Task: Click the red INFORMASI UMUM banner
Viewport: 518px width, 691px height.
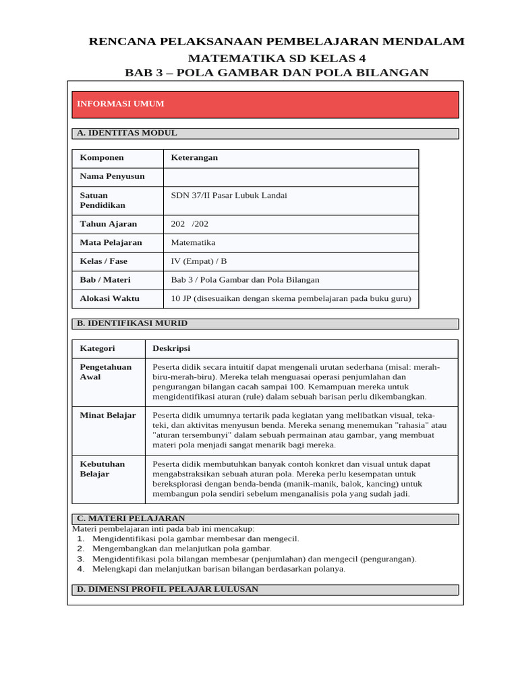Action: click(265, 105)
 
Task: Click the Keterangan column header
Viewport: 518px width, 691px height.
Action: click(194, 157)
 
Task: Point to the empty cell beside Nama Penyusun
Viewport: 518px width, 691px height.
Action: click(290, 177)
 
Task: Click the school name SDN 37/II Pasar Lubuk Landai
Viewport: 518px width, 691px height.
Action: click(229, 195)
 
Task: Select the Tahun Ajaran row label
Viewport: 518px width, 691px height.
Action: click(108, 224)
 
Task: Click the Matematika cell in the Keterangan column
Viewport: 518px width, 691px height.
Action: click(193, 242)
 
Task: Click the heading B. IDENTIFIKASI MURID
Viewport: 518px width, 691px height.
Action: click(132, 323)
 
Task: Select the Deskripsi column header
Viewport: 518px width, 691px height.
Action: click(171, 348)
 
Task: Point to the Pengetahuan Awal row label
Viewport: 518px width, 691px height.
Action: click(106, 372)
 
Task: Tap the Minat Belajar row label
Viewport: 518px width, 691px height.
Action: click(108, 415)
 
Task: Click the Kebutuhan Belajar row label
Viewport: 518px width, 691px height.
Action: click(103, 469)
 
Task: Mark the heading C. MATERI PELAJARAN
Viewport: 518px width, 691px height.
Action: click(131, 518)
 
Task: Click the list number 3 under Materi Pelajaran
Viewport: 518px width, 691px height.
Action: click(80, 559)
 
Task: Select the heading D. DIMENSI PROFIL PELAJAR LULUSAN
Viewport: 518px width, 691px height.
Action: click(167, 589)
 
